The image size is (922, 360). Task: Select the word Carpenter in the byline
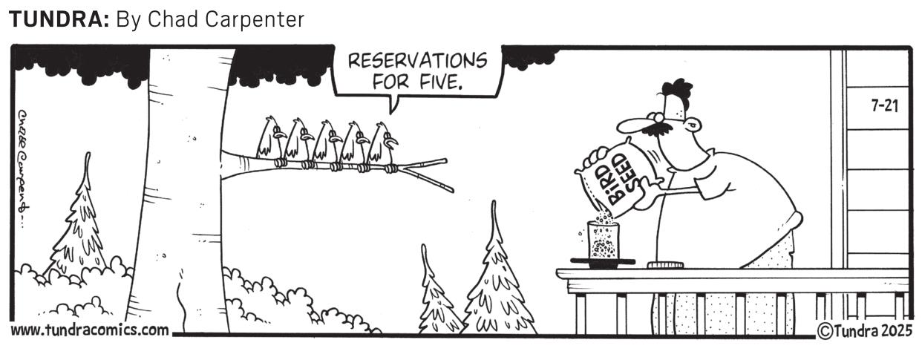pos(255,20)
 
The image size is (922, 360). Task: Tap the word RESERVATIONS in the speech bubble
pos(417,62)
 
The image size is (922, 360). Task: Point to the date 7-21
pos(885,105)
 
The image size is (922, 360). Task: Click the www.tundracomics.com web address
pos(90,330)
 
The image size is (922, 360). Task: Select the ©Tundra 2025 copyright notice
pos(864,331)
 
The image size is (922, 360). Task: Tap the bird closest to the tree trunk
pos(270,141)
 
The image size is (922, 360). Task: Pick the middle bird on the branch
pos(327,144)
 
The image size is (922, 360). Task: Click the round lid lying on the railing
pos(665,265)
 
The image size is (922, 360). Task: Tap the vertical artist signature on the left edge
pos(24,168)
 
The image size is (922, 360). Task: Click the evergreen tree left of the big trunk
pos(78,218)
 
